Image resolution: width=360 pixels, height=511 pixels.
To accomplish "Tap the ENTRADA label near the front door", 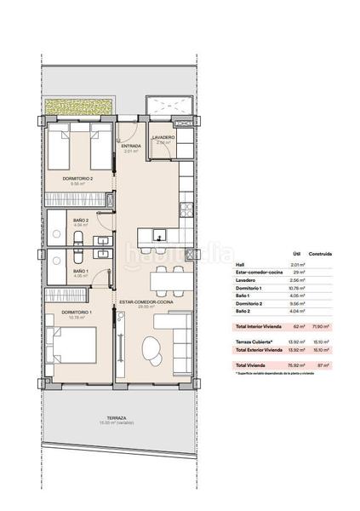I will point(130,146).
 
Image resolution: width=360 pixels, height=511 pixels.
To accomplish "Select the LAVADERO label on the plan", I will point(163,138).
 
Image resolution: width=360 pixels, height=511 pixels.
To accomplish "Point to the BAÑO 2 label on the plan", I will point(58,220).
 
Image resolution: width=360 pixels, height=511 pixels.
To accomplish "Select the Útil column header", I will point(298,253).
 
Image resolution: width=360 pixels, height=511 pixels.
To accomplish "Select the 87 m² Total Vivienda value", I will point(324,365).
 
